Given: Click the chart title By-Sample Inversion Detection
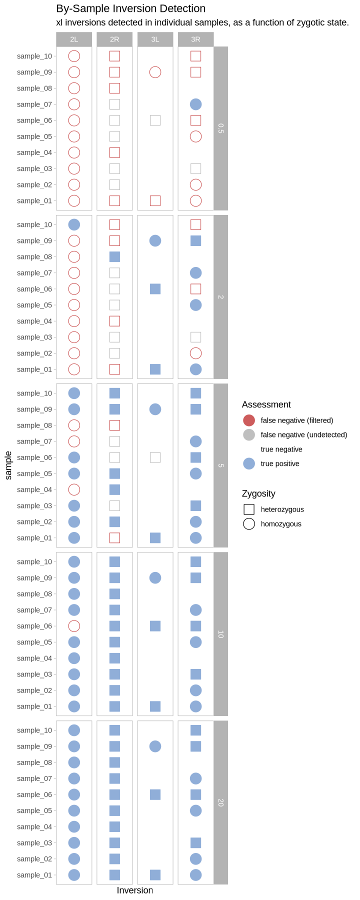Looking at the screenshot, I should [x=130, y=8].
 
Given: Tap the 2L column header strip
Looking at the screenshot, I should [x=74, y=39].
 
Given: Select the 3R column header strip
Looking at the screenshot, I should [x=195, y=39].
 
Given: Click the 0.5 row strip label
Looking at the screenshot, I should [x=220, y=128].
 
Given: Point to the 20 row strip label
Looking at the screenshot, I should [x=220, y=802].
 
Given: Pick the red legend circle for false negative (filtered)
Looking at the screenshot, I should [x=249, y=420].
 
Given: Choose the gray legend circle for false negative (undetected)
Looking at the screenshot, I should [x=249, y=435].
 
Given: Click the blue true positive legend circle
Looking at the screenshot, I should [x=249, y=463].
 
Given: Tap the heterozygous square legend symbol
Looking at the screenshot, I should [x=249, y=509].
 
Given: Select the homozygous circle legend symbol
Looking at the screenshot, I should [x=249, y=524].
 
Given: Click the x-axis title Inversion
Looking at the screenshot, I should [x=135, y=890].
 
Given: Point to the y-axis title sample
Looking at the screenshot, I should [x=8, y=465].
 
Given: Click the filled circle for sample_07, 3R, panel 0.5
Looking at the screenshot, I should [x=196, y=104].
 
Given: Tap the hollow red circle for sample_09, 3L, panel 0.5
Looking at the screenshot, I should [x=155, y=72].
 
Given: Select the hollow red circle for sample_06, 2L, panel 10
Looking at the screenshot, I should [x=74, y=626].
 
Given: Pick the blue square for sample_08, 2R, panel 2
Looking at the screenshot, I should [x=114, y=257].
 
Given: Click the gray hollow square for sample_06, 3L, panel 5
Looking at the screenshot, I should [x=155, y=457].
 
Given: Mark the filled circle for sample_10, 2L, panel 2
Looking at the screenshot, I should [x=74, y=224].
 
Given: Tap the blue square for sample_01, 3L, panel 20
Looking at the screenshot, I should [x=155, y=875].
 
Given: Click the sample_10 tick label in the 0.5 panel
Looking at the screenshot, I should [x=34, y=56].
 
